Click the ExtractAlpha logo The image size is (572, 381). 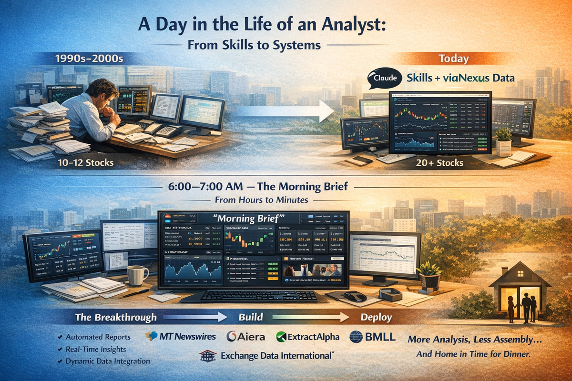point(307,337)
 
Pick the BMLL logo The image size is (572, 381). point(372,337)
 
